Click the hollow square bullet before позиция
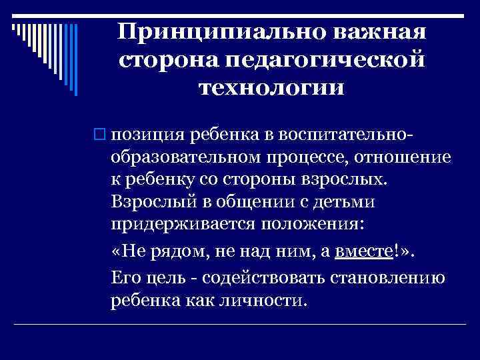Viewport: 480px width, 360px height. click(101, 135)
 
